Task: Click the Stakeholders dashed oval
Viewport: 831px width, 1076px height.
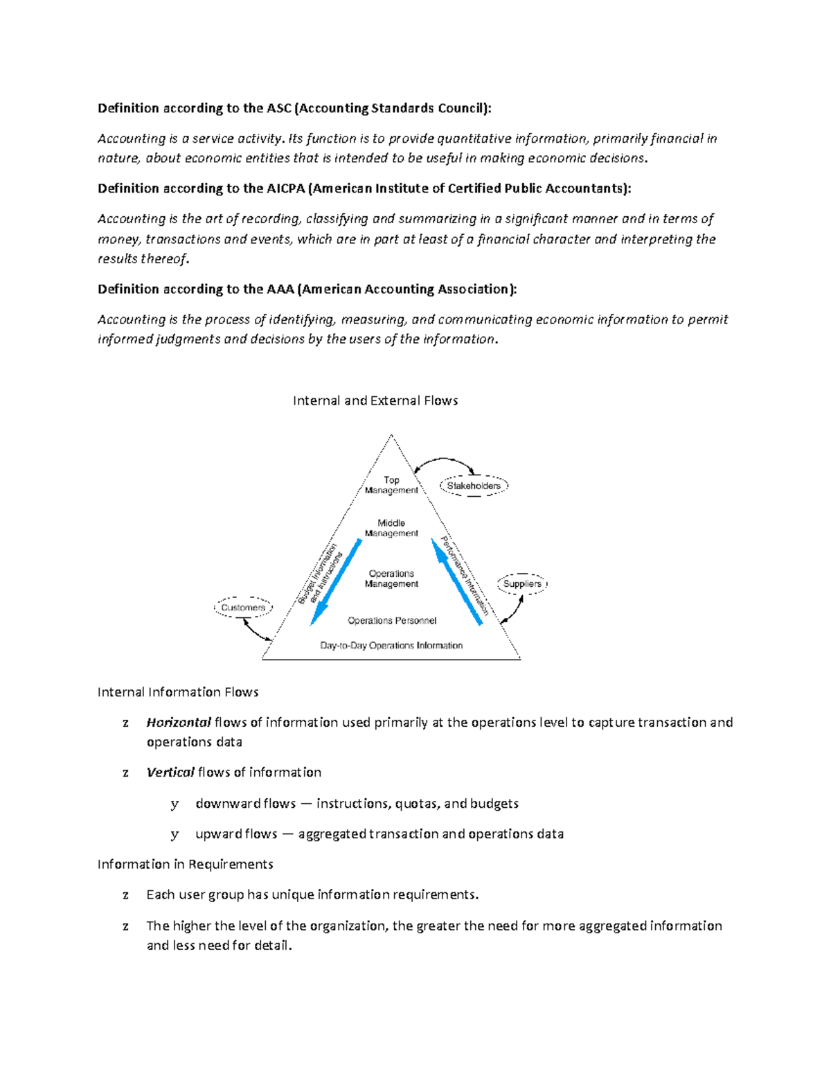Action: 474,486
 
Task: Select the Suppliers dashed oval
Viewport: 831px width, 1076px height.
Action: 522,584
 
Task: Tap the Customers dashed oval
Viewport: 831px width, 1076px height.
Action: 243,608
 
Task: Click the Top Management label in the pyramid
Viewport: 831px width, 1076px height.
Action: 391,485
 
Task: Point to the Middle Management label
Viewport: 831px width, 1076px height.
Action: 391,528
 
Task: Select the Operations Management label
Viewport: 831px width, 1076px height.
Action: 391,579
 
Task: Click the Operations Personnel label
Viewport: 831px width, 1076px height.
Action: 392,621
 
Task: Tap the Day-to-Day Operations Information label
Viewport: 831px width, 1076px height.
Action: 391,646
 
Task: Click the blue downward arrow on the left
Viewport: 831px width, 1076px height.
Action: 336,582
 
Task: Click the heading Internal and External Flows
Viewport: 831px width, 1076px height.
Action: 375,400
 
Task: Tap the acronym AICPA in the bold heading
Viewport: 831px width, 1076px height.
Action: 285,188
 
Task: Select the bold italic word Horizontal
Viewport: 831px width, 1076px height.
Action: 179,722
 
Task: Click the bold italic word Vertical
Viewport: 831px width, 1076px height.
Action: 170,772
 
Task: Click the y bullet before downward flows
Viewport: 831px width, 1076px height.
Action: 175,804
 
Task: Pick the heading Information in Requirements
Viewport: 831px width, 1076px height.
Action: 185,864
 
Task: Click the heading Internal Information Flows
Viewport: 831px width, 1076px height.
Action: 178,692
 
